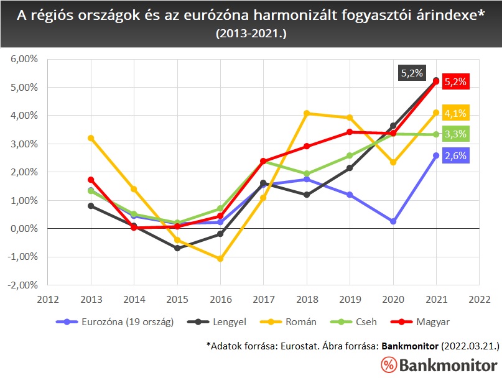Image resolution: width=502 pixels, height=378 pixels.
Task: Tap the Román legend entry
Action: pos(301,321)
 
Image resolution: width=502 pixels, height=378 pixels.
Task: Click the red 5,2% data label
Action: pos(455,81)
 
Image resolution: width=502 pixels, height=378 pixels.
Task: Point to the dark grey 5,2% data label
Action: pos(411,73)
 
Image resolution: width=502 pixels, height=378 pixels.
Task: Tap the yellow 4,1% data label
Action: pos(455,113)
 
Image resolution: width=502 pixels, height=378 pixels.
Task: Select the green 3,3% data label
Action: pos(455,134)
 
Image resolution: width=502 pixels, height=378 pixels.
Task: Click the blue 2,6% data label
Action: pos(455,155)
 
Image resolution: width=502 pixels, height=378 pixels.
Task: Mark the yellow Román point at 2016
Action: pos(220,259)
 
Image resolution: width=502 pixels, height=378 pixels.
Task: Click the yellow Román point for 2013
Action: pos(91,138)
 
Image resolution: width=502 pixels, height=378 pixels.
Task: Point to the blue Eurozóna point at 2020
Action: pos(393,221)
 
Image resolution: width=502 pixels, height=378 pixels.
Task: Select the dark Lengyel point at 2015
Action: pos(177,248)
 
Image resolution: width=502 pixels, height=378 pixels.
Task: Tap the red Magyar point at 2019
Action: pos(350,132)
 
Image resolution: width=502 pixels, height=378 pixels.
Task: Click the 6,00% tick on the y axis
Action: pos(24,59)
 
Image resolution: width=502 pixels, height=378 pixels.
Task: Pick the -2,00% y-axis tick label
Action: pos(23,285)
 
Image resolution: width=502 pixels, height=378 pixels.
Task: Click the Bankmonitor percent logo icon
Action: pos(388,365)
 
